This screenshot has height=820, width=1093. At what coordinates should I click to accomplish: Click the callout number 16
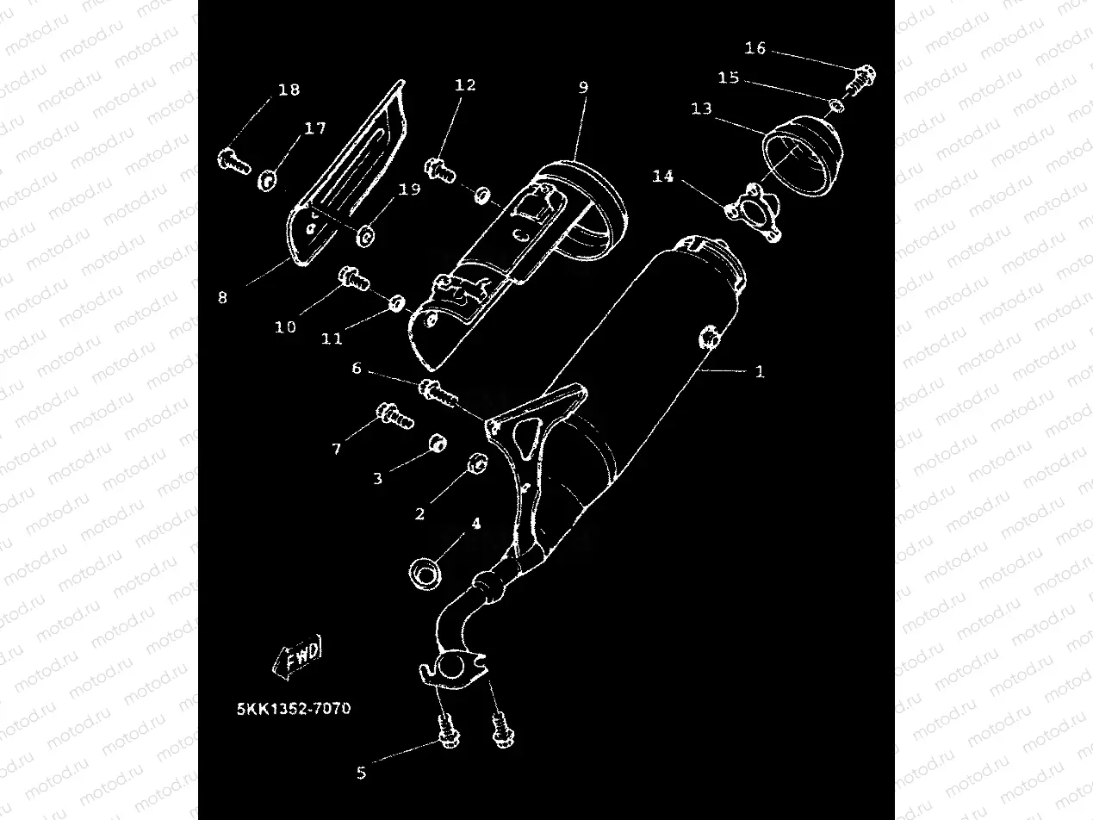coord(755,48)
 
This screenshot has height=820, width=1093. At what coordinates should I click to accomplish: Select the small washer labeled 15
coord(836,106)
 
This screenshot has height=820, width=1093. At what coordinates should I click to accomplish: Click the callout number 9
coord(583,87)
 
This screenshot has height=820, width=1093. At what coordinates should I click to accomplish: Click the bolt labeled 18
coord(232,158)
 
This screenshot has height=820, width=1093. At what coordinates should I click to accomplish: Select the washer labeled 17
coord(268,180)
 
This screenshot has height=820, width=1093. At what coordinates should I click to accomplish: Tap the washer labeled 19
coord(366,233)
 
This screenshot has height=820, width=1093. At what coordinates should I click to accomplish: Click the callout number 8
coord(222,298)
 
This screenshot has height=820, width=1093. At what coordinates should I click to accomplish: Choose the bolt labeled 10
coord(353,278)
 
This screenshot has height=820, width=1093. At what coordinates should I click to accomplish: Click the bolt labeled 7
coord(394,417)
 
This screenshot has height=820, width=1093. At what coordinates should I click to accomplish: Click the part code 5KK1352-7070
coord(294,710)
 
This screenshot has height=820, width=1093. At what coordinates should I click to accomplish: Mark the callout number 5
coord(361,773)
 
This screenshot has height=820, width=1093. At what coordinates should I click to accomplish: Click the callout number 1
coord(759,372)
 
